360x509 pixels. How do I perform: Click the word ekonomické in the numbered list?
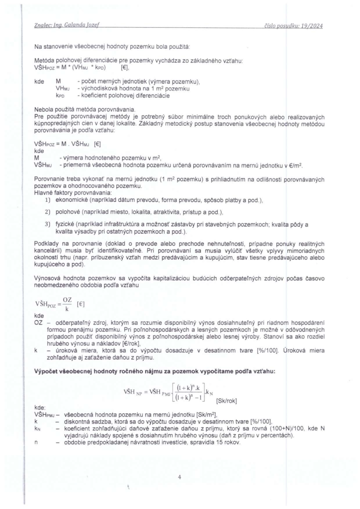[x=74, y=199]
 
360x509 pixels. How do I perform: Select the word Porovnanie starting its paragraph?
[x=50, y=178]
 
